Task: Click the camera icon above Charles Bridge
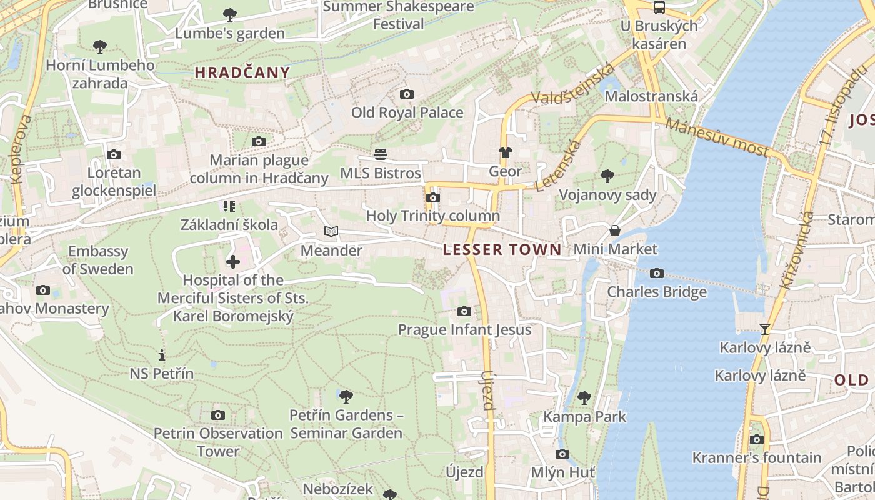coord(656,273)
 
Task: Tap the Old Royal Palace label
coord(407,112)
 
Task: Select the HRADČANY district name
coord(242,72)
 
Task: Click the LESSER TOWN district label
coord(502,250)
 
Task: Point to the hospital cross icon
coord(233,261)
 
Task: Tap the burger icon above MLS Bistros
coord(381,154)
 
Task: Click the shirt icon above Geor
coord(505,152)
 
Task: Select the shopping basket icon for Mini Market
coord(615,231)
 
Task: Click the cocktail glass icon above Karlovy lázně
coord(764,329)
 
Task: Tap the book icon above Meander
coord(331,232)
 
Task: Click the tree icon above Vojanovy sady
coord(607,176)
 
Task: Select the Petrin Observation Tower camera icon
coord(218,415)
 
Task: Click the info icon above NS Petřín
coord(162,355)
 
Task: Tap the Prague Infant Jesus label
coord(464,329)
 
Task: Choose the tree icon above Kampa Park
coord(584,397)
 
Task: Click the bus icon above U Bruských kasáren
coord(659,7)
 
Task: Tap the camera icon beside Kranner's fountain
coord(756,439)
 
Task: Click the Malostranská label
coord(651,96)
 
